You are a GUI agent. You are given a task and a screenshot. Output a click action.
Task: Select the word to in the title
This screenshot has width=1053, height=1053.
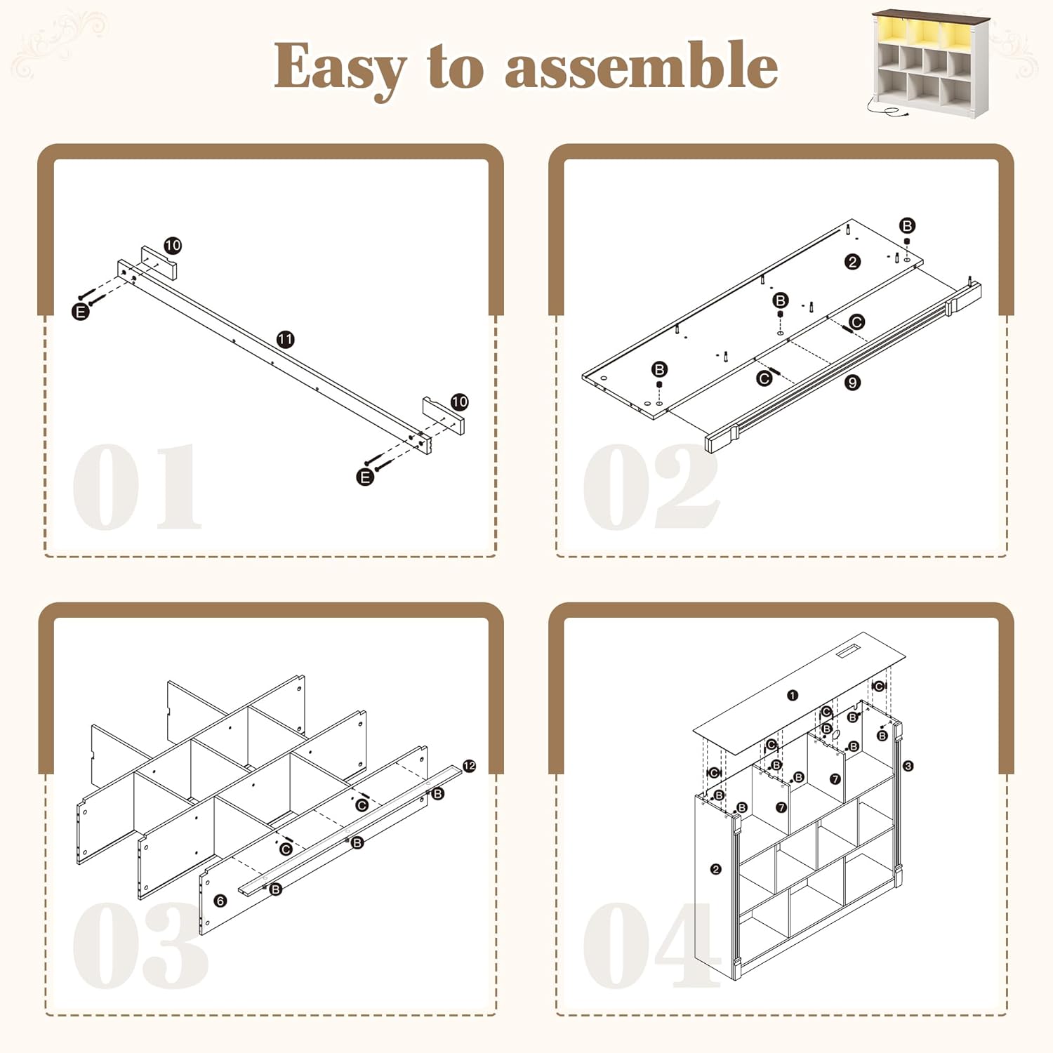coord(456,67)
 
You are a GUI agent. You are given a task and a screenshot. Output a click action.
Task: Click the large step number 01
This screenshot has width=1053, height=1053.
coord(138,486)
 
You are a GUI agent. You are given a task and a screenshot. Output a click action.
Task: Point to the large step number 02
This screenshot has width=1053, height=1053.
coord(651,486)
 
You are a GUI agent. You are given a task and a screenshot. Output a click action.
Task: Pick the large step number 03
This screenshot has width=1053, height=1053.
coord(140,945)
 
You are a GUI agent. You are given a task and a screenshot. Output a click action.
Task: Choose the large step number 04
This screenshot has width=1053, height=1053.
coord(652,945)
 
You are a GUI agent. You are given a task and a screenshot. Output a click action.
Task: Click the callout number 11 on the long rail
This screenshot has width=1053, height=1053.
coord(285,339)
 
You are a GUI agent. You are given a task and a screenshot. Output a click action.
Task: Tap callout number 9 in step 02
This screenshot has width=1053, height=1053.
coord(852,383)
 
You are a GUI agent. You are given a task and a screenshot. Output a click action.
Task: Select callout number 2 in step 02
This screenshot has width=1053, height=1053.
coord(852,262)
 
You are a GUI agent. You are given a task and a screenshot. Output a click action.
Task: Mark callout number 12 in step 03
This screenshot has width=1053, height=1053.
coord(470,766)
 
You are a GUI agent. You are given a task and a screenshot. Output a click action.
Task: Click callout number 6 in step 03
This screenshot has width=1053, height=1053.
coord(220,901)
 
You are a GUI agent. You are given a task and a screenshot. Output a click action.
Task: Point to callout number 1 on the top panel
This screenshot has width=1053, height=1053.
coord(793,696)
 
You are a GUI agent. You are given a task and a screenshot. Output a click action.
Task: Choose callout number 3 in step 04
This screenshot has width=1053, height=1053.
coord(908,766)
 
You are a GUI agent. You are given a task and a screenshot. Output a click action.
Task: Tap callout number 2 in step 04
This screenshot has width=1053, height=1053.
coord(715,869)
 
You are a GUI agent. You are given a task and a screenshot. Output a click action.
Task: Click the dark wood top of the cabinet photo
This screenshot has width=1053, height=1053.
coord(931,15)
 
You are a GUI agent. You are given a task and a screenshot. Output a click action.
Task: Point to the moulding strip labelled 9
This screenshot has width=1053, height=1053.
coord(842,366)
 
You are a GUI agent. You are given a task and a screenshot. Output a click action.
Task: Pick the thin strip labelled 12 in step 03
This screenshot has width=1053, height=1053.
coord(350,830)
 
